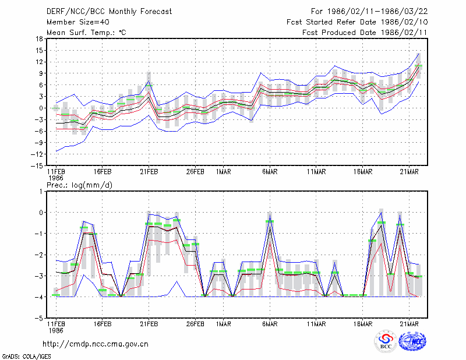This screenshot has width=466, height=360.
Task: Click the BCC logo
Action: tap(386, 341)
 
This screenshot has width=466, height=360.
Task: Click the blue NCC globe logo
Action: tap(412, 341)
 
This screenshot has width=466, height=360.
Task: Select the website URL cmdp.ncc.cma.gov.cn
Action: tap(96, 344)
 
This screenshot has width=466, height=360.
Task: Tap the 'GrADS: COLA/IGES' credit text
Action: tap(26, 357)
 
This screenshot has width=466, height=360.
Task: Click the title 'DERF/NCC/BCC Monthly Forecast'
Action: tap(109, 12)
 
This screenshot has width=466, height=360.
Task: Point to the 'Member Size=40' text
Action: tap(78, 22)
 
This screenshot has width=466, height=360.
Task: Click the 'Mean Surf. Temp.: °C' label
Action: tap(86, 33)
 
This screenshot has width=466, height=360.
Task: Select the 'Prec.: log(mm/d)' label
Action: tap(79, 185)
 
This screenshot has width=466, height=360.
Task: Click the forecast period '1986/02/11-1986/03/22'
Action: tap(377, 12)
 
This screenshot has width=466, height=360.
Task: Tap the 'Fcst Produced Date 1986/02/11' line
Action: tap(365, 33)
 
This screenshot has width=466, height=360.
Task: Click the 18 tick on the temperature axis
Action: tap(39, 38)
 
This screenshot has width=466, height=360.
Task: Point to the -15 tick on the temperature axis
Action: tap(37, 165)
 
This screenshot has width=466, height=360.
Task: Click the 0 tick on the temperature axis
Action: tap(41, 108)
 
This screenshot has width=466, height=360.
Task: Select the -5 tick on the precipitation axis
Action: tap(39, 319)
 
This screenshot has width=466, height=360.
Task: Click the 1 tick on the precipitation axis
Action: tap(41, 192)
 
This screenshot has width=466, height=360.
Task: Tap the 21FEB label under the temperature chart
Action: tap(149, 172)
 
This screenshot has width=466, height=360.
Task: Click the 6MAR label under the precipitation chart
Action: tap(270, 324)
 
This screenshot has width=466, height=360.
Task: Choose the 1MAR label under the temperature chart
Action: tap(224, 172)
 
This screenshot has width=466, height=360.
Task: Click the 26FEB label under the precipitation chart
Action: tap(195, 324)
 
